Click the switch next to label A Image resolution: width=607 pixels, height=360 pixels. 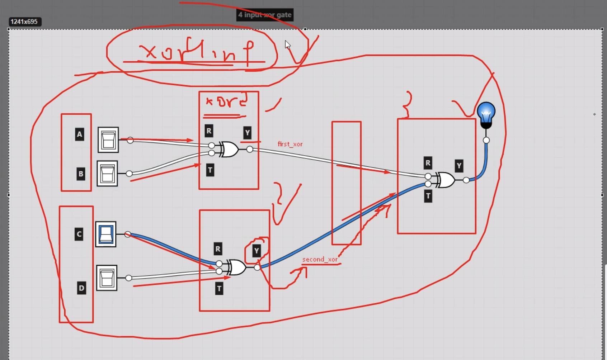[108, 140]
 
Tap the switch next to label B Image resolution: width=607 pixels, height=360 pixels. [107, 174]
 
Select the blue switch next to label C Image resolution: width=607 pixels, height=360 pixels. [106, 234]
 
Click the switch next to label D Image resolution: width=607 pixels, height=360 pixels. [107, 278]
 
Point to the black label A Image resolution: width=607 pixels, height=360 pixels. [80, 134]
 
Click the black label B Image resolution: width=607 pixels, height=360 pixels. [81, 174]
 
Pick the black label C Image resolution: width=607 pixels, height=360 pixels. [79, 234]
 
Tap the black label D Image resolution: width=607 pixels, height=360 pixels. [81, 288]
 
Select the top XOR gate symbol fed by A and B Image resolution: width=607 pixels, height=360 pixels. [229, 149]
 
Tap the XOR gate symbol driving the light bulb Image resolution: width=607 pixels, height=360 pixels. [445, 180]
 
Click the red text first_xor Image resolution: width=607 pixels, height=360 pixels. [290, 144]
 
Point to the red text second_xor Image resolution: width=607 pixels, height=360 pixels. [320, 259]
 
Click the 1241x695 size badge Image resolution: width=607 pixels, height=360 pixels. [24, 22]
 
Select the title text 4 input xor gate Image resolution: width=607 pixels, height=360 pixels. [265, 15]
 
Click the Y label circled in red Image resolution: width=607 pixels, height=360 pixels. [256, 251]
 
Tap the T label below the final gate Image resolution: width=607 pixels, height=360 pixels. [428, 196]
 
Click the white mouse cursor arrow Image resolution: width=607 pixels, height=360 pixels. [287, 44]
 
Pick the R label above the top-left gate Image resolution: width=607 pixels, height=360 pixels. [209, 131]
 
